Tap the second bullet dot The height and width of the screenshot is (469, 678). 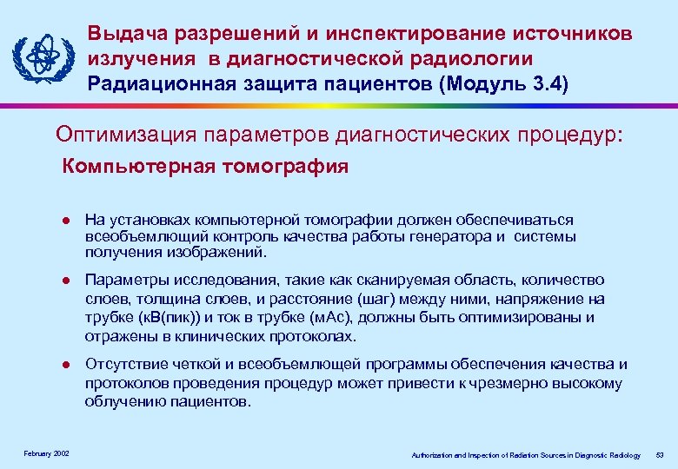pos(65,281)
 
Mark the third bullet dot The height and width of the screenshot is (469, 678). pos(65,366)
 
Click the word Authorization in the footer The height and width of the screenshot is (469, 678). pos(432,455)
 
